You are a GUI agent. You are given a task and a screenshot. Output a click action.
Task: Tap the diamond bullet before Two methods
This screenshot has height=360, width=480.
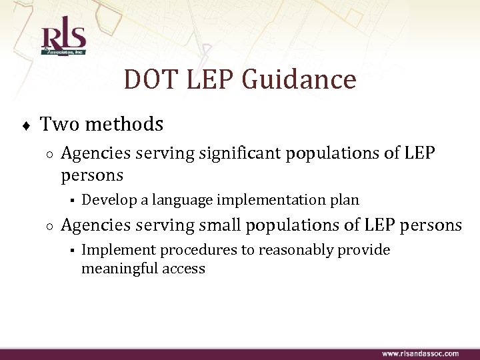(24, 125)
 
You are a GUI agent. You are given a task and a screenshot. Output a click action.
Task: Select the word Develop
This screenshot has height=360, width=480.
(105, 199)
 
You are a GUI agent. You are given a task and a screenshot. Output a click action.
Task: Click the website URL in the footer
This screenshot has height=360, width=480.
(419, 353)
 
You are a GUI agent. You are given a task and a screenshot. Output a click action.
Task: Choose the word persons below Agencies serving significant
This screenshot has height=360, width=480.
(92, 175)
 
